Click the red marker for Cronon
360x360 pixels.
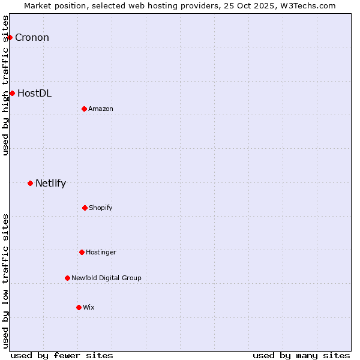(x=10, y=38)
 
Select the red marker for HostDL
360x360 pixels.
(x=12, y=93)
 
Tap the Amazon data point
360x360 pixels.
(x=84, y=109)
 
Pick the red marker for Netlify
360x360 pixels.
(x=30, y=183)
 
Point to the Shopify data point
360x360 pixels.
(x=85, y=208)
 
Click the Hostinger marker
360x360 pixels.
(x=82, y=252)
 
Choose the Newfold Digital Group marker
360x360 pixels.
(x=67, y=278)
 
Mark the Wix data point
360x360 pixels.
(x=79, y=307)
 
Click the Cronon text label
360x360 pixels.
(x=32, y=38)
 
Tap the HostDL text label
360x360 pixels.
(x=34, y=93)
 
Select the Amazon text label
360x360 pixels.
(x=101, y=109)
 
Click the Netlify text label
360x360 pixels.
(x=50, y=184)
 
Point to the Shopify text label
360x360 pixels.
(x=101, y=208)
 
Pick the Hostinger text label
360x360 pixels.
(x=101, y=252)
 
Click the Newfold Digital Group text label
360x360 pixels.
(x=106, y=278)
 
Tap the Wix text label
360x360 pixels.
(x=89, y=307)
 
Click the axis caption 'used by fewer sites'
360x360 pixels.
(x=62, y=355)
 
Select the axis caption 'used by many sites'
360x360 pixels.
(x=301, y=355)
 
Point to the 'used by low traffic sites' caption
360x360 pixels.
(x=6, y=281)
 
